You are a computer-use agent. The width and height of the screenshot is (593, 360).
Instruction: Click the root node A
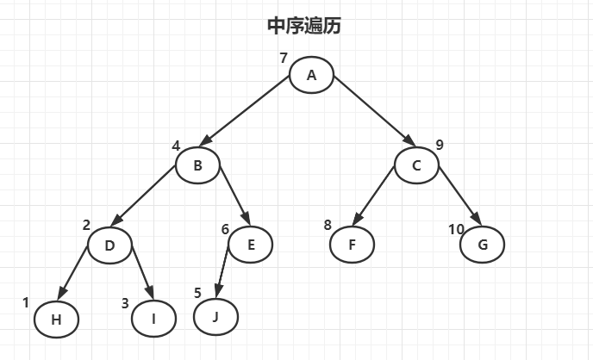tap(311, 75)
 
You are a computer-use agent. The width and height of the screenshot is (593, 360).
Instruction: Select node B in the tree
tap(197, 166)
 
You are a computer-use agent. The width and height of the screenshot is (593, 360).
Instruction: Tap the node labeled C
tap(417, 165)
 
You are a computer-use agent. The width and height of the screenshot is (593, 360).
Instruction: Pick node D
tap(109, 245)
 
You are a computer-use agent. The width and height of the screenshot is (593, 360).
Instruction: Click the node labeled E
tap(251, 245)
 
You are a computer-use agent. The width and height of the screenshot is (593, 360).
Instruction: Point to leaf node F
tap(352, 245)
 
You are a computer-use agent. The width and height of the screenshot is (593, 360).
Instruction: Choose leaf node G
tap(482, 245)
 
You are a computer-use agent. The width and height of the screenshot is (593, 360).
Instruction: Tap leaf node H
tap(56, 320)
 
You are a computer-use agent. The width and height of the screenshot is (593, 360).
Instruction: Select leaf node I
tap(153, 320)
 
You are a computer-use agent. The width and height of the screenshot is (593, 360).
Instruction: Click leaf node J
tap(215, 318)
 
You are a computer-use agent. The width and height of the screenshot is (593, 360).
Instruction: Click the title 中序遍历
tap(304, 26)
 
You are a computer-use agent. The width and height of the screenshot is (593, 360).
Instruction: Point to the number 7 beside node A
tap(283, 59)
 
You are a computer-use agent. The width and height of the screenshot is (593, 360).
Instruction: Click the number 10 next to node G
tap(457, 228)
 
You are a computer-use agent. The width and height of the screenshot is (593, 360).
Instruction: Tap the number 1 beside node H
tap(26, 302)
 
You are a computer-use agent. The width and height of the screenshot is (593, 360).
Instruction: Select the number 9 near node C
tap(440, 145)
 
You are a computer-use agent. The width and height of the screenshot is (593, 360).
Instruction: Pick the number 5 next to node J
tap(198, 293)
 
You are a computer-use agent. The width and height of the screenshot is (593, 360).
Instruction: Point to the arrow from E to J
tap(222, 268)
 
